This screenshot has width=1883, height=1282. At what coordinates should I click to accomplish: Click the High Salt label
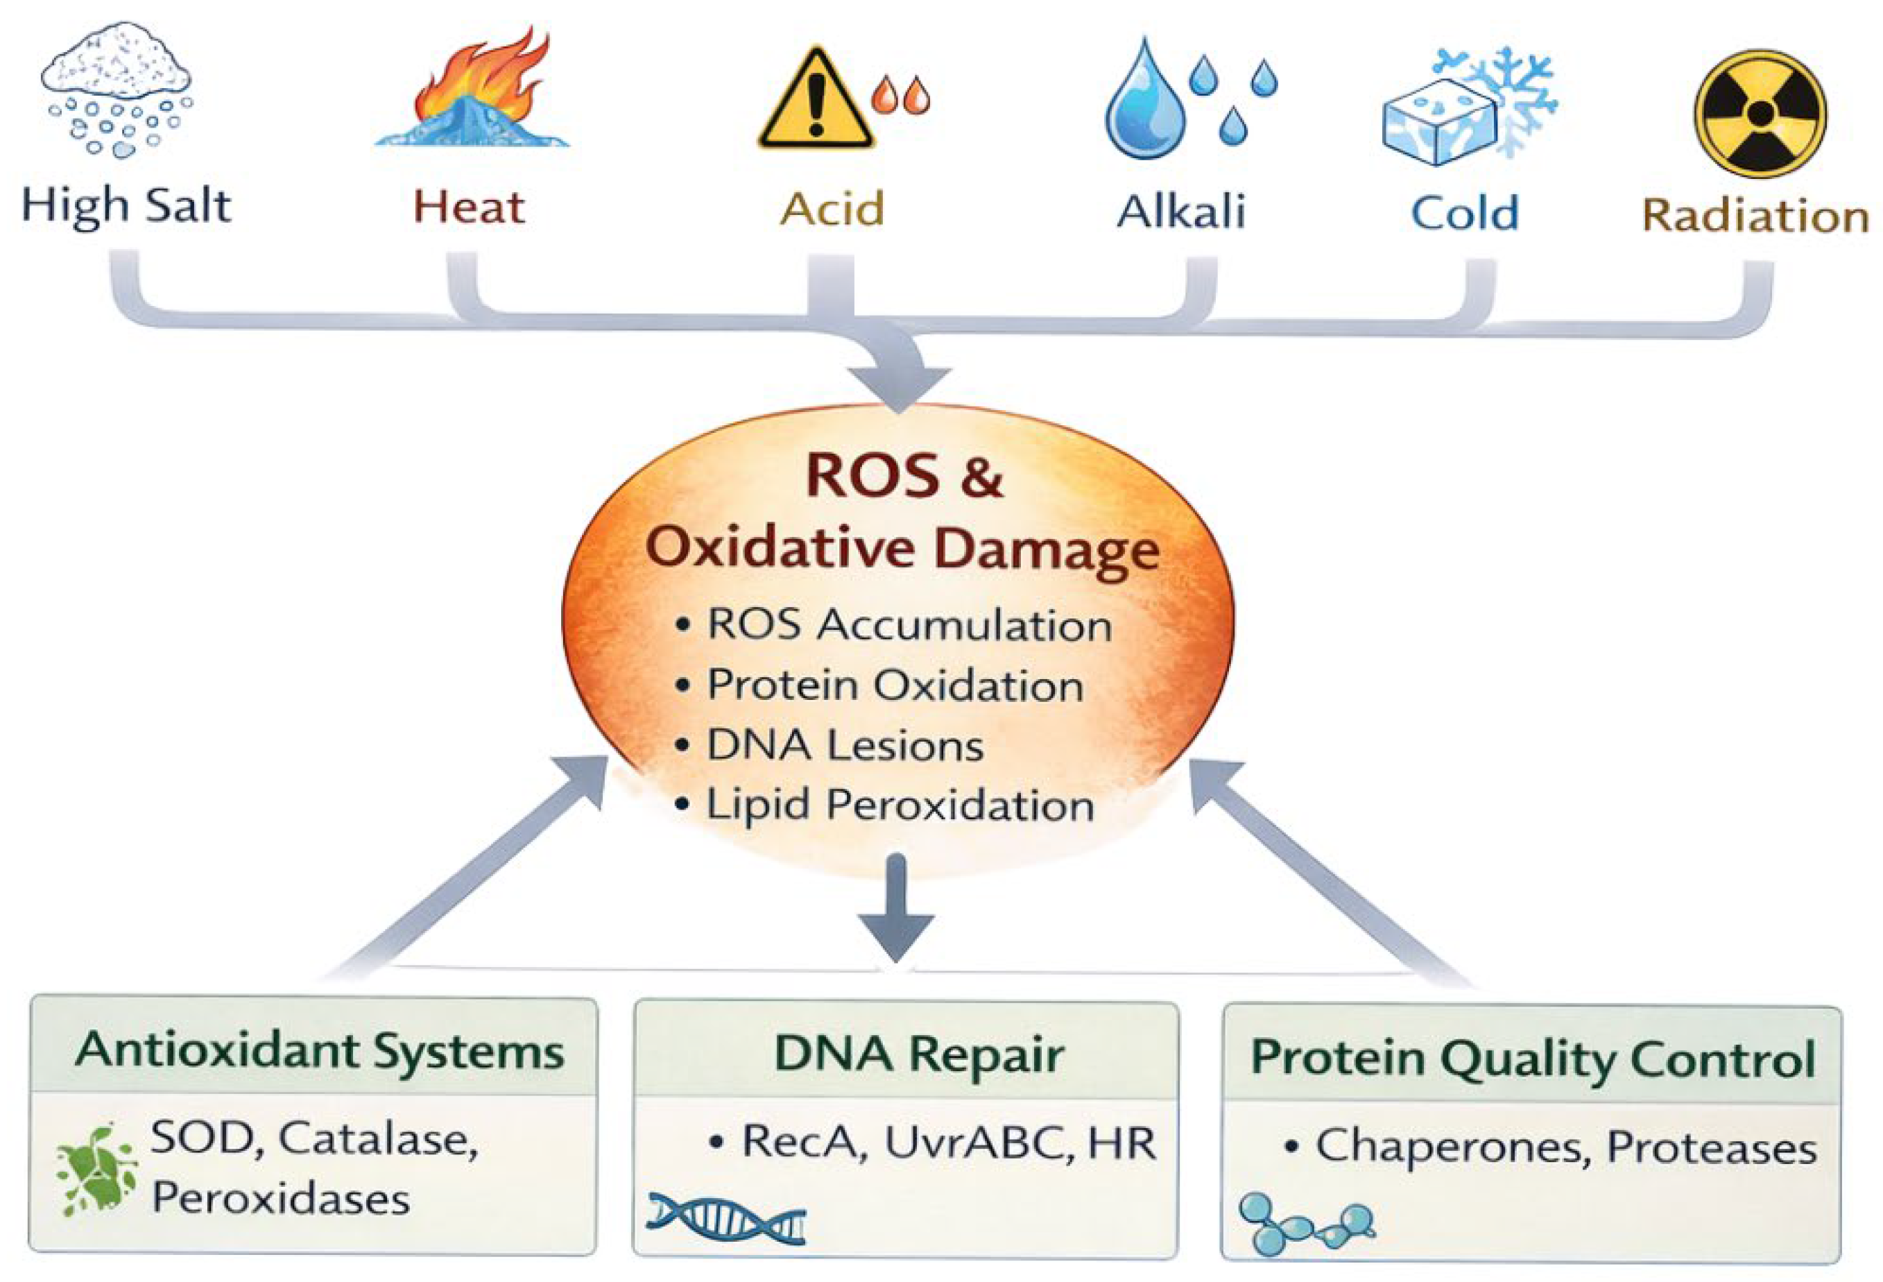(126, 206)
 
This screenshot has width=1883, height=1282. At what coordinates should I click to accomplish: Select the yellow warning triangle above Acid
(816, 101)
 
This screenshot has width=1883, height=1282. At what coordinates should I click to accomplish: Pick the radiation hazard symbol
(1760, 114)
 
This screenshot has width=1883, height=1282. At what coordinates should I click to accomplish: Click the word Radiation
(1755, 216)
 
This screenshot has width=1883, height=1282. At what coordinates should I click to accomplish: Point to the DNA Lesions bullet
(845, 746)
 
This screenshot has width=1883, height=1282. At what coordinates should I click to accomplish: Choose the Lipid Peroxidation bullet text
(900, 805)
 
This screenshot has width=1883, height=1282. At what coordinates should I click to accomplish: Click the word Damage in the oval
(1046, 550)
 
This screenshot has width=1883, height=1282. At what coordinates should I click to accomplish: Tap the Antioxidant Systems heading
(319, 1052)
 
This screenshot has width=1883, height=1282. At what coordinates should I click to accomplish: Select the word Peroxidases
(280, 1198)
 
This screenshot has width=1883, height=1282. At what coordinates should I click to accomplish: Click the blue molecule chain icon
(1305, 1223)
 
